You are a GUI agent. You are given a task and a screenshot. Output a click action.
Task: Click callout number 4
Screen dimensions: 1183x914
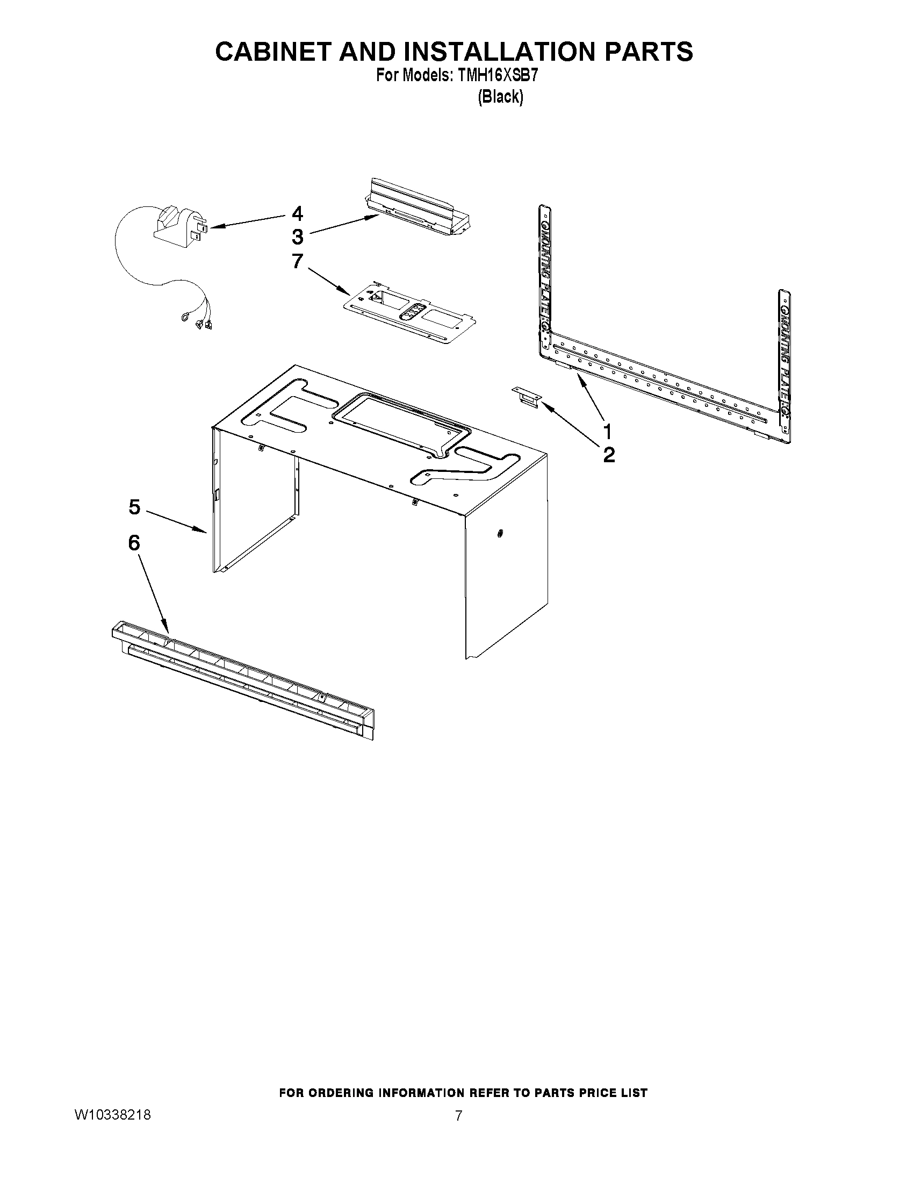[297, 213]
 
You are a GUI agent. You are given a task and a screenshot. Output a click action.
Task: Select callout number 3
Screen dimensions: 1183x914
[297, 237]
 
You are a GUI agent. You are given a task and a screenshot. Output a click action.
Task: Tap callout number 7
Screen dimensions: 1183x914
[297, 261]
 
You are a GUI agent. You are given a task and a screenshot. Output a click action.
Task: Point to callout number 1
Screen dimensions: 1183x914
[608, 432]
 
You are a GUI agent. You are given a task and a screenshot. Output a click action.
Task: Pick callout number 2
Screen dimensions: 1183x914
[609, 455]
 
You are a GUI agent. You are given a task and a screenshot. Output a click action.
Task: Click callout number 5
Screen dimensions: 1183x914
[134, 507]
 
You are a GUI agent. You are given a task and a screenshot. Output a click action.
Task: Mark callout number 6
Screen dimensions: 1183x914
[134, 542]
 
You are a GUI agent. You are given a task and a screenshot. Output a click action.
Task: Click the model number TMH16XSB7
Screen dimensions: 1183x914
[497, 76]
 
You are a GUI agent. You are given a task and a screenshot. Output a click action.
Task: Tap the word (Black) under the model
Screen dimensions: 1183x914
[500, 97]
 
